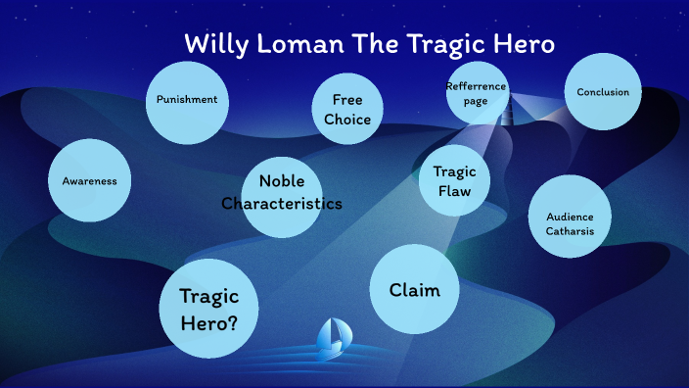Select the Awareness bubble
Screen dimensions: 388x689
click(x=89, y=180)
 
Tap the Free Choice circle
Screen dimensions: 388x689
click(x=347, y=109)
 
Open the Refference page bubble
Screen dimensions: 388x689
click(x=477, y=92)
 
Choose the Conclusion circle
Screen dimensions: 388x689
click(x=603, y=92)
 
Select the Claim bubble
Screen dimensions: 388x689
click(x=414, y=289)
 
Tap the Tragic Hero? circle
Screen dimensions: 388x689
click(x=207, y=308)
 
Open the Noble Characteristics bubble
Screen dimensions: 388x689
click(x=281, y=193)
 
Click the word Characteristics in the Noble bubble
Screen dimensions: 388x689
click(x=281, y=204)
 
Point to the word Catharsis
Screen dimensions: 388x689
click(x=570, y=231)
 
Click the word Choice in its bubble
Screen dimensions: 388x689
click(x=347, y=120)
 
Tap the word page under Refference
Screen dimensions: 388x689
click(x=477, y=100)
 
